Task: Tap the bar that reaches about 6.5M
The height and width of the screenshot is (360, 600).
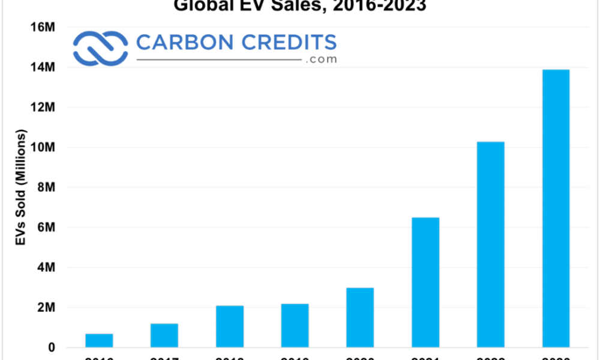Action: pyautogui.click(x=425, y=282)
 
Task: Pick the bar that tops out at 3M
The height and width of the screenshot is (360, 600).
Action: pyautogui.click(x=360, y=317)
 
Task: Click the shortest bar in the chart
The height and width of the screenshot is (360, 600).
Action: pyautogui.click(x=99, y=340)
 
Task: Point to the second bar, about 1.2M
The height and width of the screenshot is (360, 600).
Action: pyautogui.click(x=164, y=335)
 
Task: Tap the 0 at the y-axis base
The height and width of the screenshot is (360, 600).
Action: pyautogui.click(x=52, y=347)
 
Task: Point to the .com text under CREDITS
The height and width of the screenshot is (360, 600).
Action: pyautogui.click(x=320, y=59)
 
